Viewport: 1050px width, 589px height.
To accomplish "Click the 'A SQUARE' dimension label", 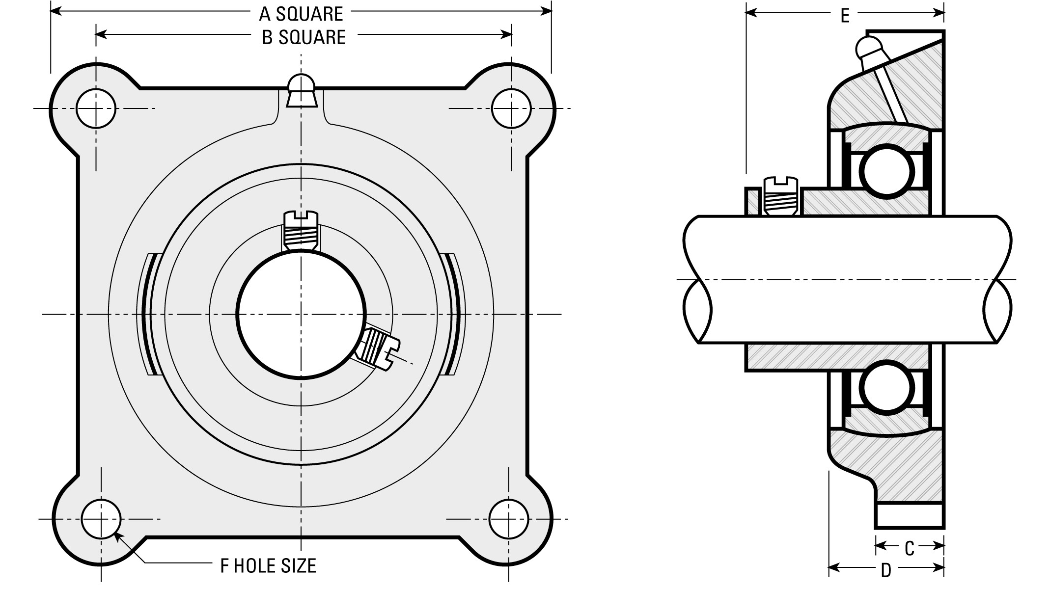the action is pyautogui.click(x=301, y=14).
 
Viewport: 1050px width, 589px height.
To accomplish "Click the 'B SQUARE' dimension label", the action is pyautogui.click(x=304, y=37).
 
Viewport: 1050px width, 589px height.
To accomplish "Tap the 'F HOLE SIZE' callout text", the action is pyautogui.click(x=268, y=566).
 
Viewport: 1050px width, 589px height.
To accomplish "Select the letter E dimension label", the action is pyautogui.click(x=845, y=16).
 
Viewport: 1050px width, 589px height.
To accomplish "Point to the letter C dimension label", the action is pyautogui.click(x=909, y=549).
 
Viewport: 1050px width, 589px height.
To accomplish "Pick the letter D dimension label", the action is pyautogui.click(x=886, y=571).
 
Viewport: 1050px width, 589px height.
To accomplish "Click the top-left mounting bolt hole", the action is pyautogui.click(x=96, y=108).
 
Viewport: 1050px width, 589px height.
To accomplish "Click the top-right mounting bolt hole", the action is pyautogui.click(x=511, y=108).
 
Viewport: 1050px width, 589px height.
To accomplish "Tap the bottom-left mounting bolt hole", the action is pyautogui.click(x=101, y=519).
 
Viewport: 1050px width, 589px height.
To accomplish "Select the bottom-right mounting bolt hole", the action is pyautogui.click(x=509, y=519).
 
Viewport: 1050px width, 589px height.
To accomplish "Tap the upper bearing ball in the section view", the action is pyautogui.click(x=887, y=171).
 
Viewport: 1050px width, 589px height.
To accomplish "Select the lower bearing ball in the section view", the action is pyautogui.click(x=887, y=388).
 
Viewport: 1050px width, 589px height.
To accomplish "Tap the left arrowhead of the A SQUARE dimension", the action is pyautogui.click(x=56, y=10).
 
